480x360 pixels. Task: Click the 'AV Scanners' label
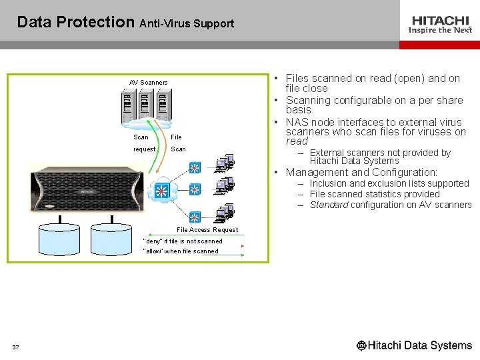click(x=148, y=83)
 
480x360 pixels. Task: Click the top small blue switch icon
click(x=194, y=167)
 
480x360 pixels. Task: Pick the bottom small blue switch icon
click(x=194, y=217)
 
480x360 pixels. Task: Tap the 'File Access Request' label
click(x=207, y=230)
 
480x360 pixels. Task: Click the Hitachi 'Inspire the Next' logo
click(x=440, y=25)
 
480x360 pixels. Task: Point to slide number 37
click(x=15, y=347)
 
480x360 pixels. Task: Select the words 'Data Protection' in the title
click(x=75, y=22)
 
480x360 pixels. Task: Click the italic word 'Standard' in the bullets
click(x=329, y=205)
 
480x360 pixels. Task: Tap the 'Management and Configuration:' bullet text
click(x=361, y=172)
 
